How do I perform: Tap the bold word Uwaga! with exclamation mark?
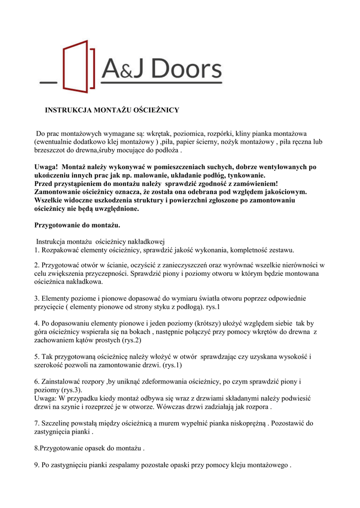point(46,167)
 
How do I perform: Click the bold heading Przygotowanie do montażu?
point(77,225)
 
